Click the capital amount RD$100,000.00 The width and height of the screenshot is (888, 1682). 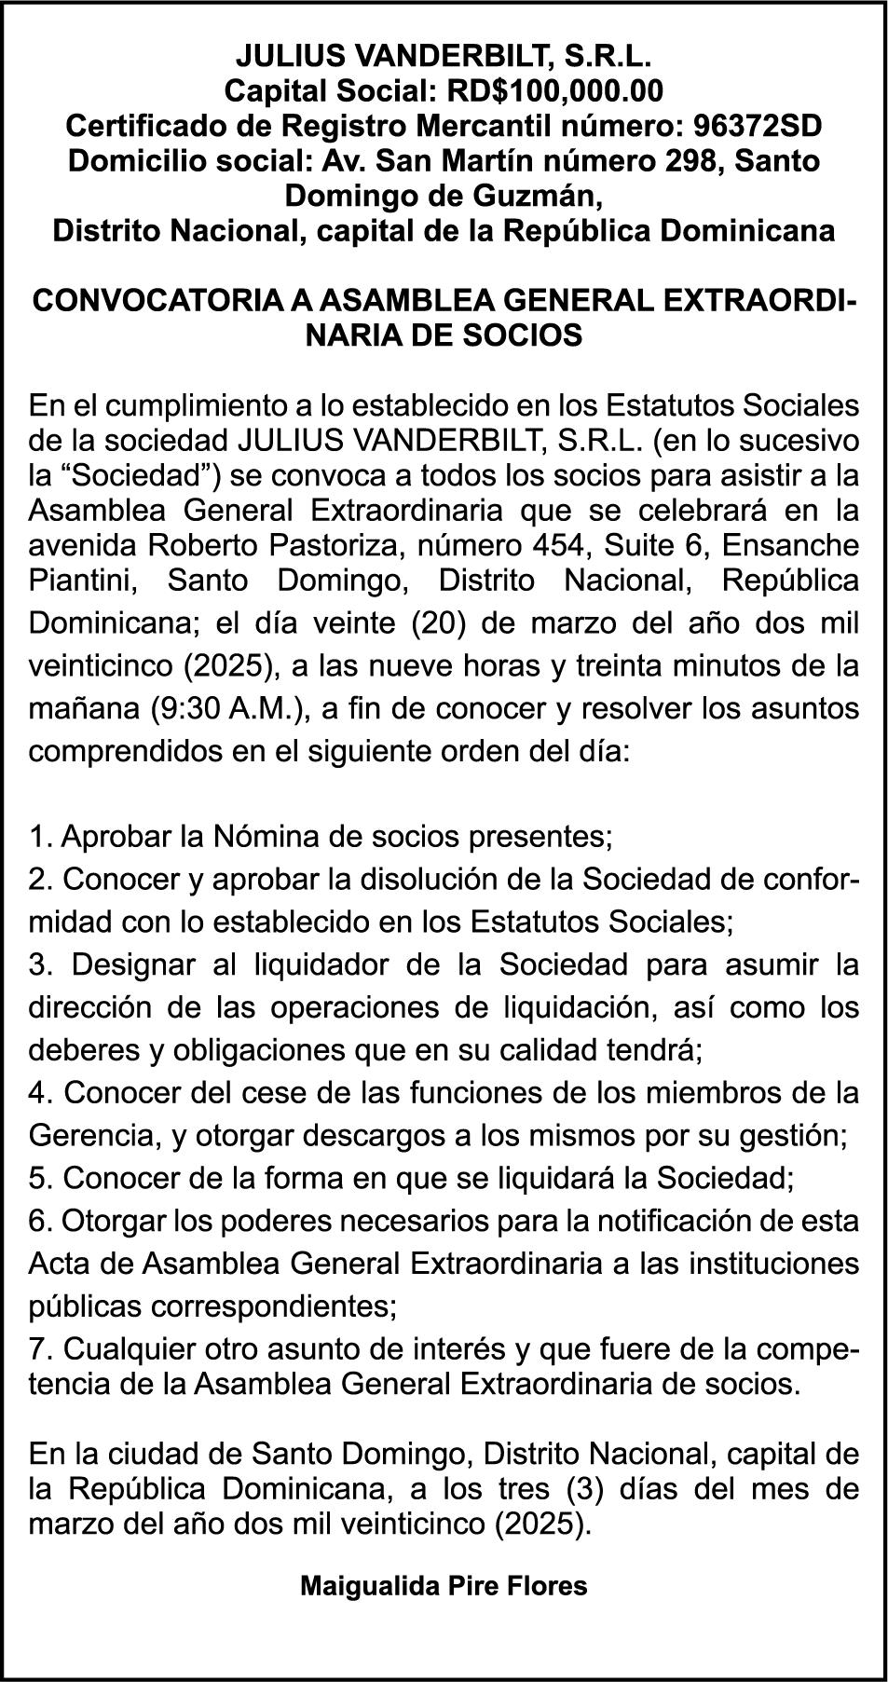click(555, 90)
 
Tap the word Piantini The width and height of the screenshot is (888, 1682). click(84, 580)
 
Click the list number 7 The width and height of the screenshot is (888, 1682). click(38, 1349)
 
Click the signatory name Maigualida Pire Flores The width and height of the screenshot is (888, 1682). click(444, 1586)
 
